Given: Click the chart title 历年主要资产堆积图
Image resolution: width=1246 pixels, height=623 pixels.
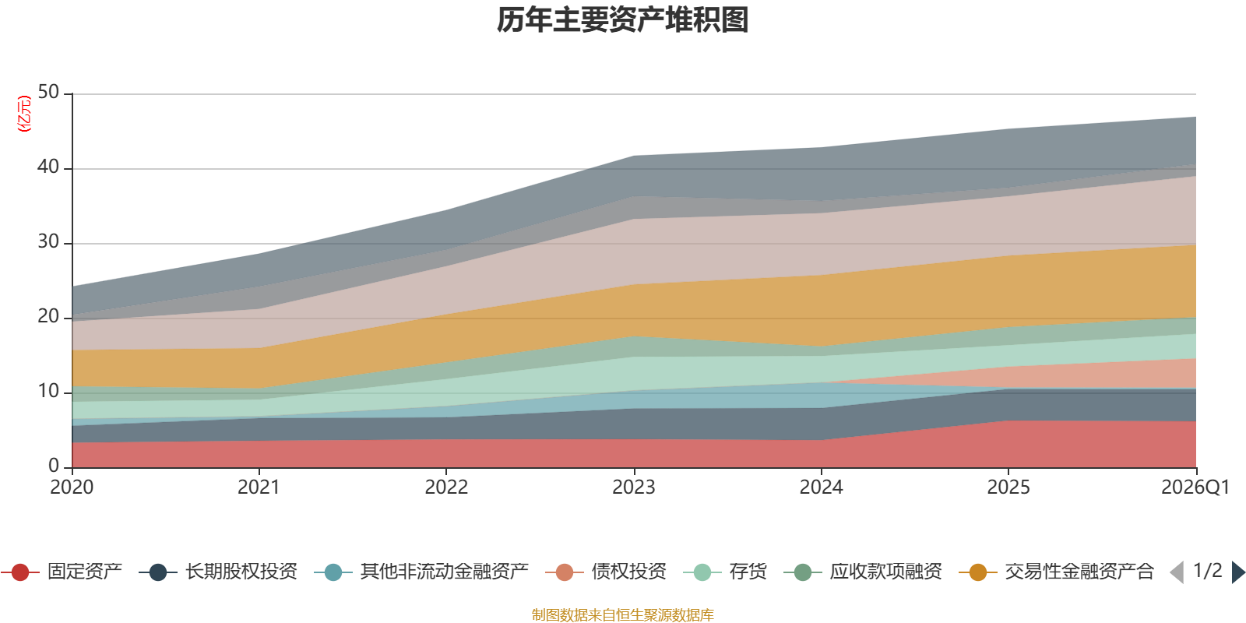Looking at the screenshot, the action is (622, 20).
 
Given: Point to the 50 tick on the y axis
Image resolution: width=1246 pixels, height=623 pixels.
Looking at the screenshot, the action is (48, 92).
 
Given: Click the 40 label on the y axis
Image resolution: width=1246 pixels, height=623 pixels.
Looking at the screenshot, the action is (48, 167).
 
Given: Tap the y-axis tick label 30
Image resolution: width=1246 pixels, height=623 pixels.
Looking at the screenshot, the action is (48, 241).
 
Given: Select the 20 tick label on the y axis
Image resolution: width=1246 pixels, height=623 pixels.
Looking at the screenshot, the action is (48, 316).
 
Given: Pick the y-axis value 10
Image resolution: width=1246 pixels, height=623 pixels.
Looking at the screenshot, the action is (48, 391).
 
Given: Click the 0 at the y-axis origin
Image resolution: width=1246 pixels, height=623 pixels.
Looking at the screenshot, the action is (54, 466).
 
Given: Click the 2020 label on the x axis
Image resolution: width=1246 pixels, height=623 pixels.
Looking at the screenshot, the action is (72, 487).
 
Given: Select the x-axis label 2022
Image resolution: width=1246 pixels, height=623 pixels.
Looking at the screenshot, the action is (446, 487).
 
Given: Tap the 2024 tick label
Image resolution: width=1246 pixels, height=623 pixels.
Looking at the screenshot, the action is (821, 487).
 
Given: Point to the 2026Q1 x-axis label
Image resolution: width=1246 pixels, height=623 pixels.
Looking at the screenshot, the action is (1195, 487).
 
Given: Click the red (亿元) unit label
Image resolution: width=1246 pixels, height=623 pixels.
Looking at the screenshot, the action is (24, 114).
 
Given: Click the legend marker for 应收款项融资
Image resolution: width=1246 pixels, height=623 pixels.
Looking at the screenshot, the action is (803, 572).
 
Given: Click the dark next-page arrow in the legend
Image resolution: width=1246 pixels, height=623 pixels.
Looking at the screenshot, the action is (1238, 572).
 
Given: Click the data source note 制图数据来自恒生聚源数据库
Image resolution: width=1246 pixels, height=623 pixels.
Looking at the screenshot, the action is (622, 614).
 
